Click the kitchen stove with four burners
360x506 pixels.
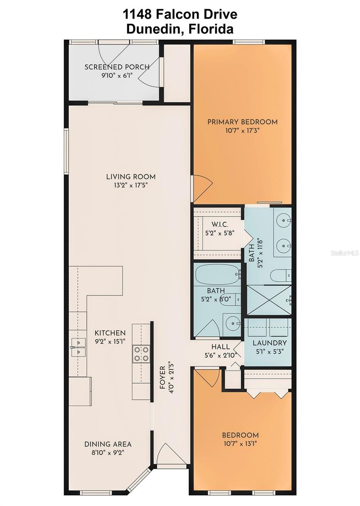[x=142, y=353]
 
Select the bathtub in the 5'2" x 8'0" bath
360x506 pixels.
[x=217, y=275]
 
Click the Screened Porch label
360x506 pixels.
[x=117, y=67]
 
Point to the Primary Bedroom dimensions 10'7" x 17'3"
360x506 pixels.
[x=242, y=131]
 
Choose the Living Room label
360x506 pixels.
[x=131, y=177]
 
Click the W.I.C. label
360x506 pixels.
[x=217, y=224]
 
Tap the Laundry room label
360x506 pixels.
[x=269, y=343]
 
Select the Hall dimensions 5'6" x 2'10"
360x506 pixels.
[x=220, y=355]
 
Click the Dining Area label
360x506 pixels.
[x=108, y=444]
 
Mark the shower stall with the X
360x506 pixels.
[x=268, y=300]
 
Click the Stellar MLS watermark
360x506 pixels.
[x=344, y=253]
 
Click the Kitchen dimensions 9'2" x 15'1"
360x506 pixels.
[x=110, y=341]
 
